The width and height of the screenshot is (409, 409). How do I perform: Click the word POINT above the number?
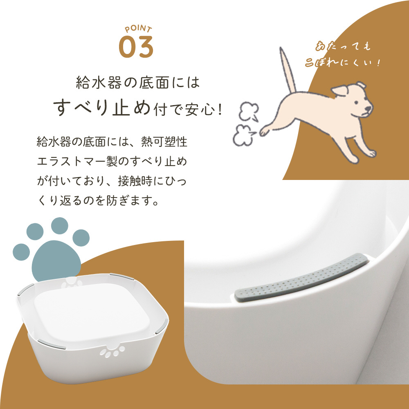138,29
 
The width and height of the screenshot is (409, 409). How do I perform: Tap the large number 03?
136,47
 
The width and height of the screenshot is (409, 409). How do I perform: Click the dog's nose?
369,109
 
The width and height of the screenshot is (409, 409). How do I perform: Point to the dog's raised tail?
288,70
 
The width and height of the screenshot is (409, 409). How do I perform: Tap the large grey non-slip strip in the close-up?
301,278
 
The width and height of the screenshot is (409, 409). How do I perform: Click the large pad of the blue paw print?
56,261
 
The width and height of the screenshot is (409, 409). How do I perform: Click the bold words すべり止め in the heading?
102,107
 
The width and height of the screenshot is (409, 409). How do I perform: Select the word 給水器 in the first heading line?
99,83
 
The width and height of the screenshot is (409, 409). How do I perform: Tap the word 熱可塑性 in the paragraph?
164,142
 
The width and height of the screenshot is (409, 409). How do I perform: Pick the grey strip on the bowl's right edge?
162,326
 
